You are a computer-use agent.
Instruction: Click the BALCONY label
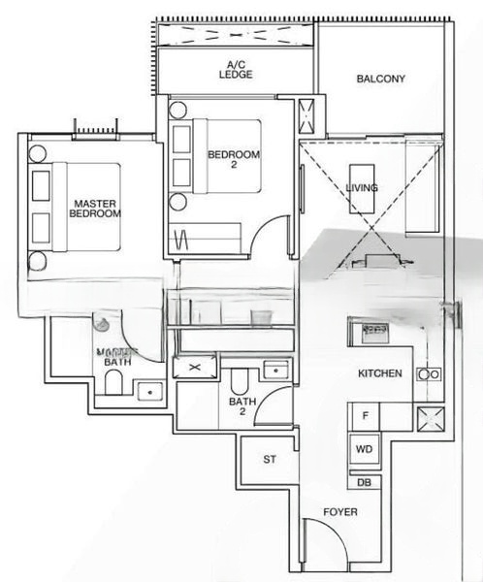[380, 79]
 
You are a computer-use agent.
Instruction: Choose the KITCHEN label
[380, 372]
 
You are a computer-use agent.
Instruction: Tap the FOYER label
[340, 511]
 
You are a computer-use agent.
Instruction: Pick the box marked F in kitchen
[366, 416]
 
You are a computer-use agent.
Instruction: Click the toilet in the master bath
[113, 386]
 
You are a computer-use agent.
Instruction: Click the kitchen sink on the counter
[372, 333]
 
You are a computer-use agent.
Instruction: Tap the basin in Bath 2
[274, 370]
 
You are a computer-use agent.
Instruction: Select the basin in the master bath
[149, 390]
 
